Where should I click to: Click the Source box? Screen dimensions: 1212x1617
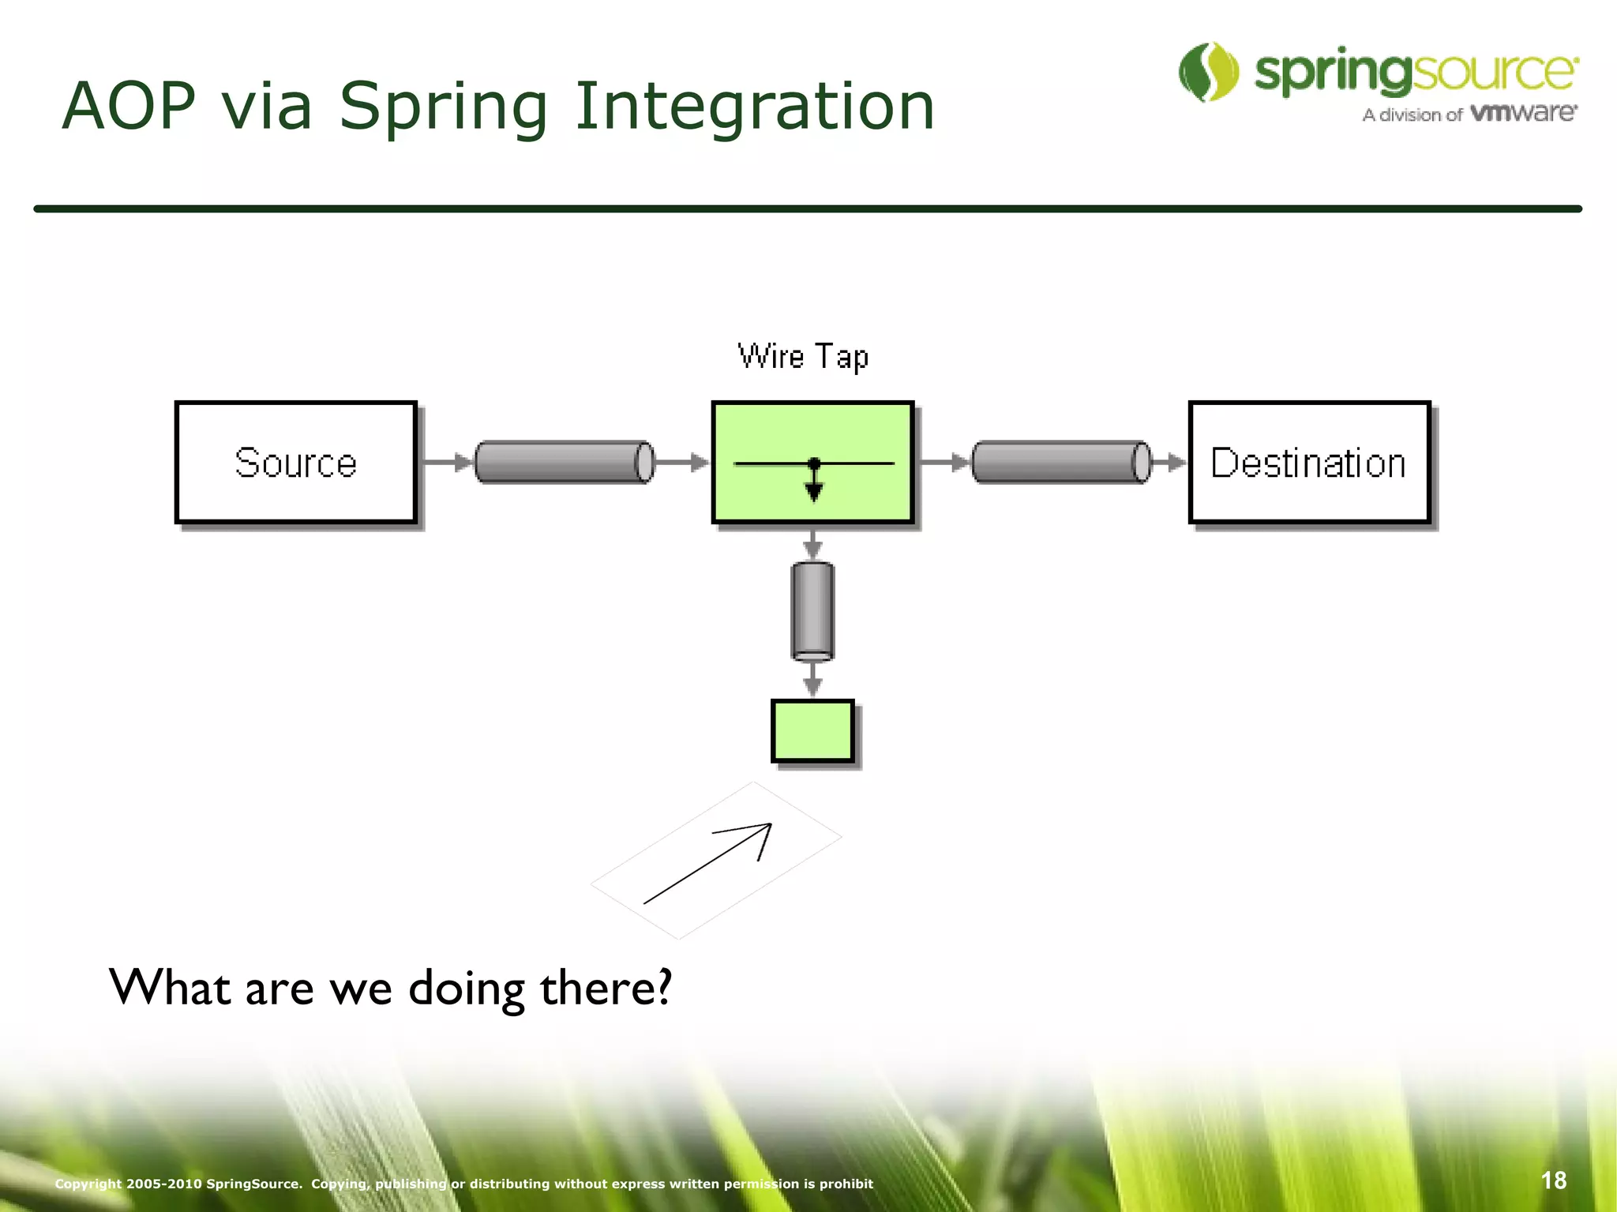click(296, 463)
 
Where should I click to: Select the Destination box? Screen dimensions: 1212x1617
click(1309, 463)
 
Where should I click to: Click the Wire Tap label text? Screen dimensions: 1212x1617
click(803, 357)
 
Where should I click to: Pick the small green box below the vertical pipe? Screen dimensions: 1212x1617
click(812, 731)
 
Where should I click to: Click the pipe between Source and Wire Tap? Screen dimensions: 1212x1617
click(564, 462)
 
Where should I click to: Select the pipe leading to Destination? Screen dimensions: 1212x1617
click(1060, 462)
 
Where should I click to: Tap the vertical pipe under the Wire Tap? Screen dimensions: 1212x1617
click(812, 611)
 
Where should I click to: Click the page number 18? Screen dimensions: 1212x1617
click(1553, 1180)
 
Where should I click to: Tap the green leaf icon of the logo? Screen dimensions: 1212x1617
click(1208, 73)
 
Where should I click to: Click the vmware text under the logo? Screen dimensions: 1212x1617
click(1524, 113)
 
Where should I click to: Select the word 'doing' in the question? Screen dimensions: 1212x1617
click(467, 989)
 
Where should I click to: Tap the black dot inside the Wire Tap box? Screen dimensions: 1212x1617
click(814, 463)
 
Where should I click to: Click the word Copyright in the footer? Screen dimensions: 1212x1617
click(88, 1184)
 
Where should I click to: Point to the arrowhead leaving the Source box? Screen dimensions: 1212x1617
click(463, 463)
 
